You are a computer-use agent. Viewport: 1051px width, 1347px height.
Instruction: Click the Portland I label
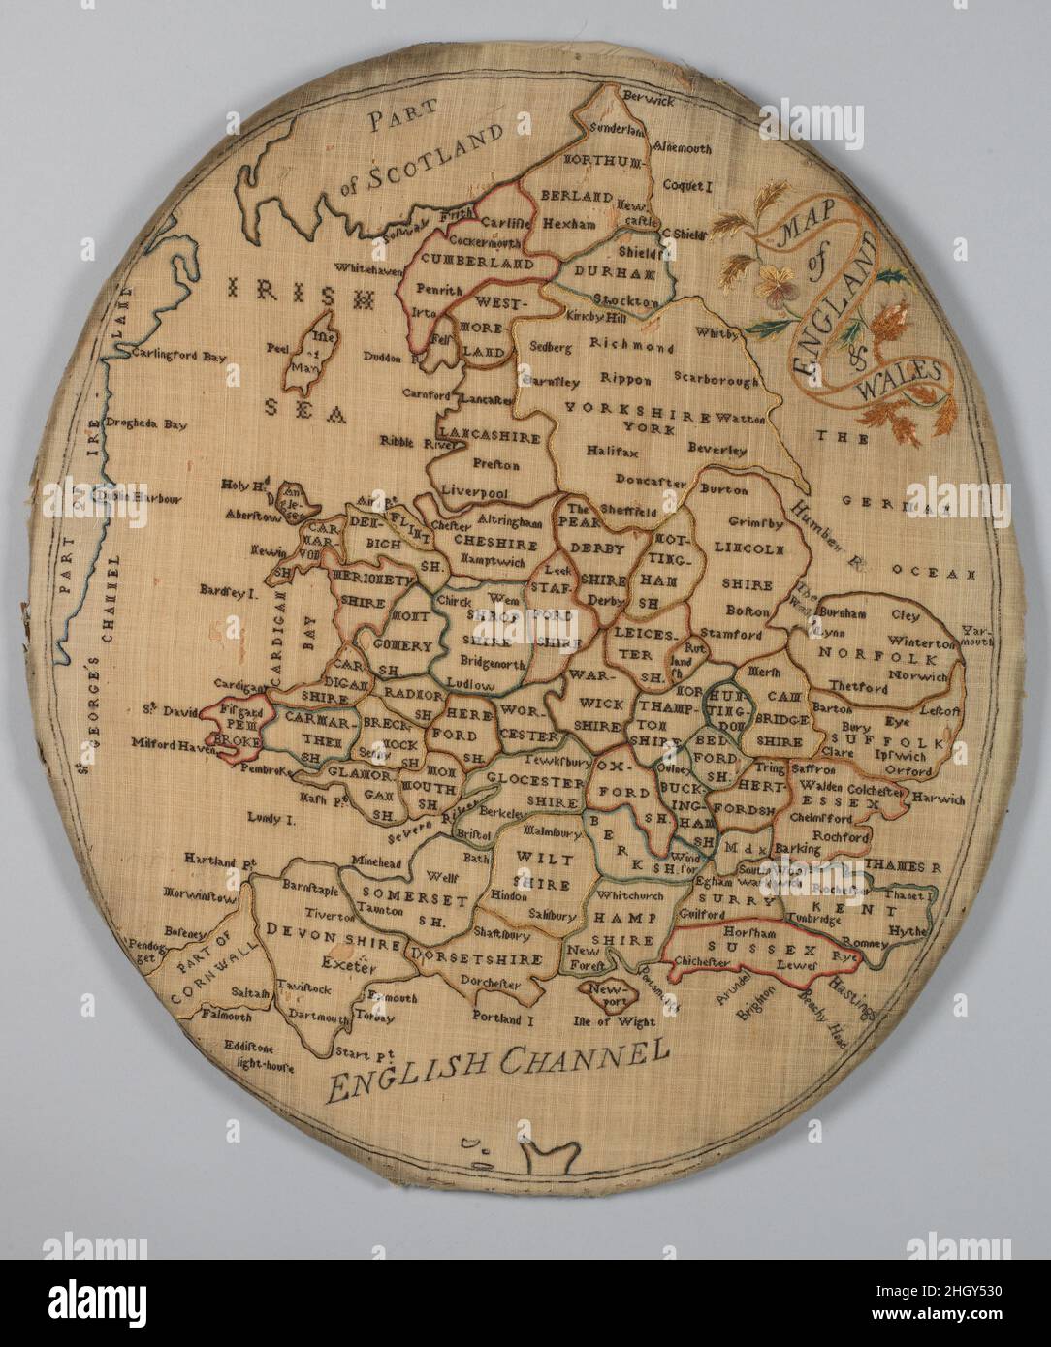pos(505,1018)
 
